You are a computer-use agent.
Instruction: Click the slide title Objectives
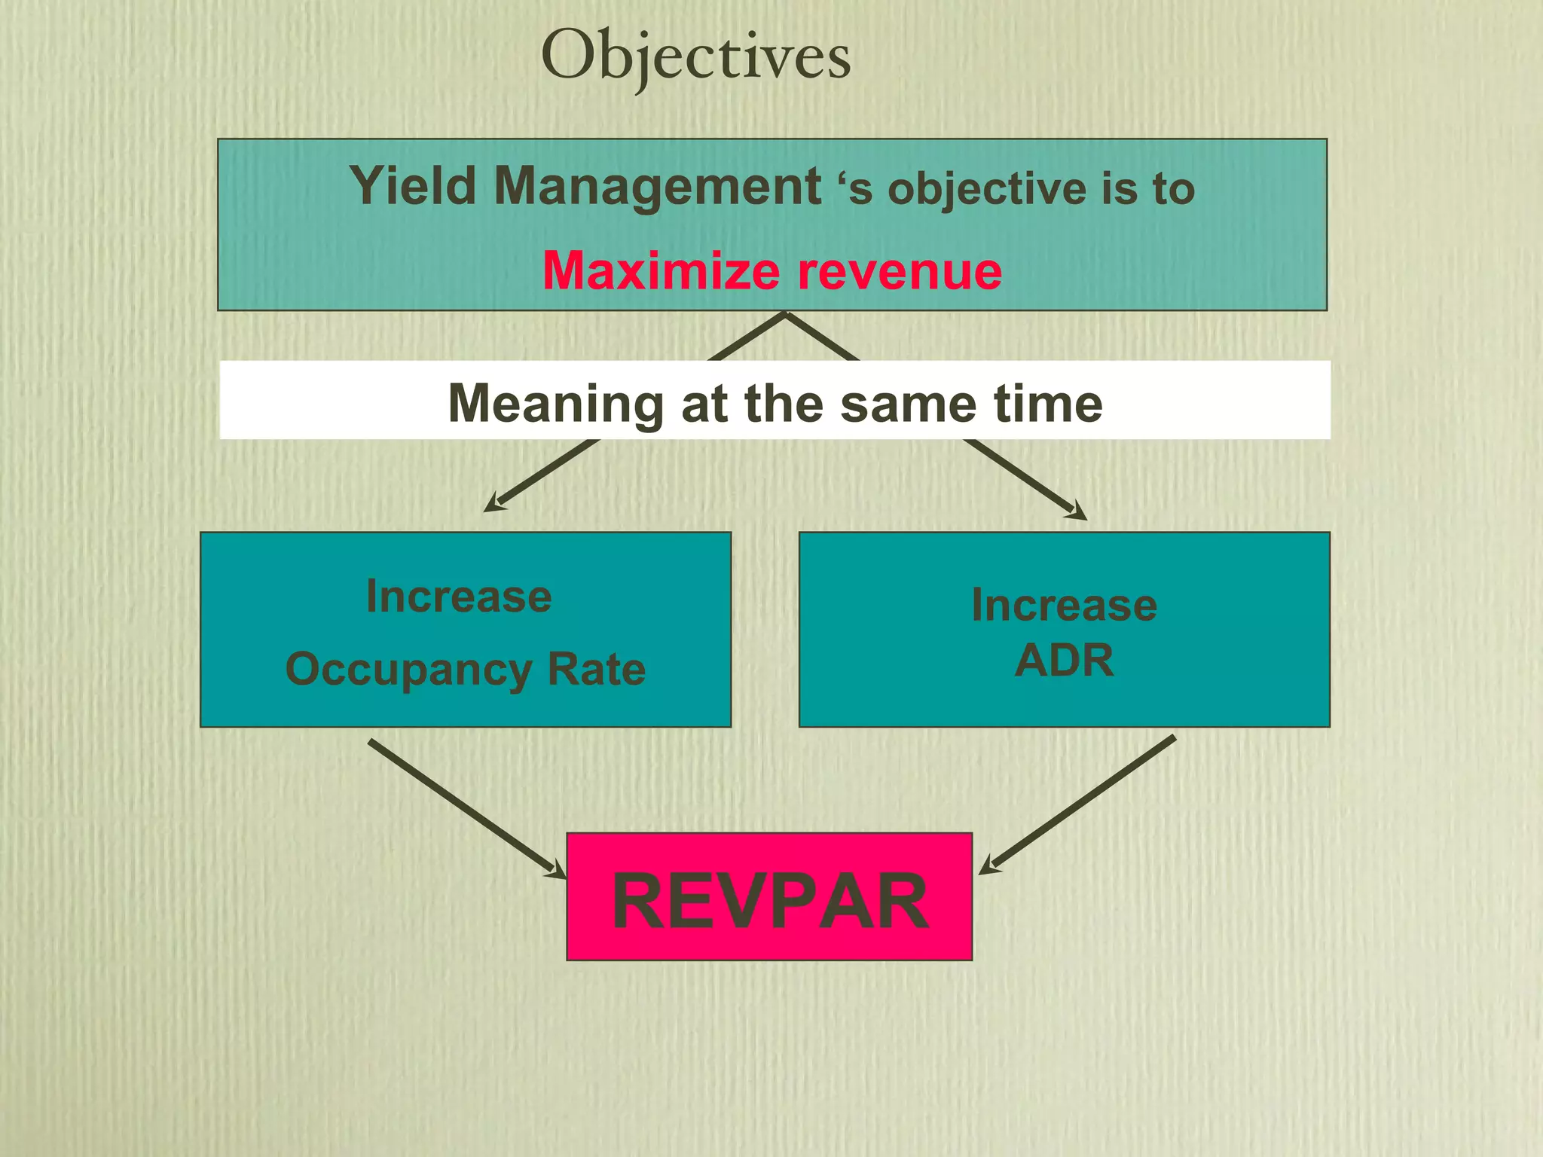point(695,56)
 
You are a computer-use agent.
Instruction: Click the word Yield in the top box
point(412,186)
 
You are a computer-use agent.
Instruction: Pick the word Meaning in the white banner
point(555,404)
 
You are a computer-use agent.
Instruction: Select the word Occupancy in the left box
point(408,670)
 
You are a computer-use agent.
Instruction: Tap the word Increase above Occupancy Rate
point(459,597)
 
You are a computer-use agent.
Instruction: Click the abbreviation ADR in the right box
point(1064,661)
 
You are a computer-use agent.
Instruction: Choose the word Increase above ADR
point(1064,605)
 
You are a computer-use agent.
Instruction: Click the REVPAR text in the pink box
point(769,901)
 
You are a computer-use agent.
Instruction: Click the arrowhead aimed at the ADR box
point(1078,514)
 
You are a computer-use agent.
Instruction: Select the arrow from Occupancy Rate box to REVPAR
point(467,810)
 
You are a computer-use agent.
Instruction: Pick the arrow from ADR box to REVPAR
point(1077,805)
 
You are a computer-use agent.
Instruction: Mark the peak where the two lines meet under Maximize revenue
point(785,315)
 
